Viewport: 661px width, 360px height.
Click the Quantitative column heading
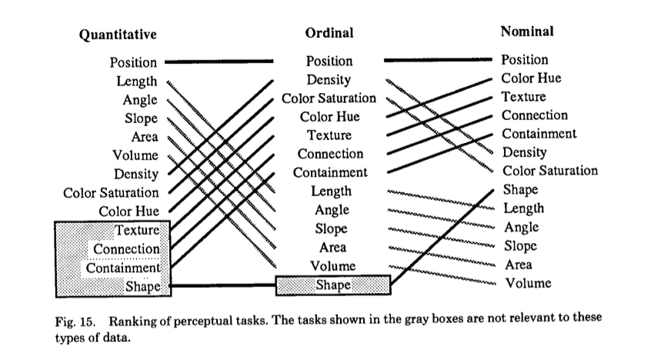coord(118,35)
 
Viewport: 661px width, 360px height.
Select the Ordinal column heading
coord(329,33)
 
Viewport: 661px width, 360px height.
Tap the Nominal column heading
coord(527,32)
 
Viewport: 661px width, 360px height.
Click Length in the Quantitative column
coord(136,81)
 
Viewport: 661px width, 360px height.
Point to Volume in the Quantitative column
coord(135,155)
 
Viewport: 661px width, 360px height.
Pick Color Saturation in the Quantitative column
coord(111,192)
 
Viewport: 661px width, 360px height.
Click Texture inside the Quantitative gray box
coord(137,230)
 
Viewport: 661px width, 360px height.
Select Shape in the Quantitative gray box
coord(143,287)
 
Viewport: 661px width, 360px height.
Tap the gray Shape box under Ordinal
coord(333,285)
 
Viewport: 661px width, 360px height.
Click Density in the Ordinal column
coord(329,80)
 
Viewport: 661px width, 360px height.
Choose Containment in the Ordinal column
coord(330,172)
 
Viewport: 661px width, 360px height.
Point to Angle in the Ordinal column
coord(332,210)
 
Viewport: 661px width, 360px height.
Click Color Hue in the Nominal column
coord(531,78)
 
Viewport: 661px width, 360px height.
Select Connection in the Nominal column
coord(535,115)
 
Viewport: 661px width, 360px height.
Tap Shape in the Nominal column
coord(520,190)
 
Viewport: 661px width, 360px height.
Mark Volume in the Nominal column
coord(528,283)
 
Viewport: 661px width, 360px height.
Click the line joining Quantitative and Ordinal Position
coord(219,62)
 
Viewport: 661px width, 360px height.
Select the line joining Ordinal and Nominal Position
coord(438,60)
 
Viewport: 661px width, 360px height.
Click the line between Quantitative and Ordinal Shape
coord(222,285)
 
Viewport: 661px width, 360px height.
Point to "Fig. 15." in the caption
coord(75,322)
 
